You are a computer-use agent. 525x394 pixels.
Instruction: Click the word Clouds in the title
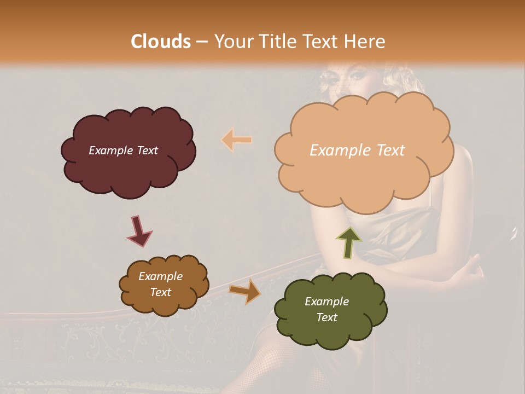(x=161, y=42)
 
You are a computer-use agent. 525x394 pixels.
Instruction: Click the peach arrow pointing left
(x=237, y=140)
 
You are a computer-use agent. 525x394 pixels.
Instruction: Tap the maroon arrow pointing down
(x=139, y=230)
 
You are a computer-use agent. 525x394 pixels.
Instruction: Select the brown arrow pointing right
(x=244, y=291)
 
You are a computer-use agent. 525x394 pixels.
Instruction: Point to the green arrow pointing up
(x=349, y=242)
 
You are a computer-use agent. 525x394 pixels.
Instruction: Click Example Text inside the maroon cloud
(x=123, y=150)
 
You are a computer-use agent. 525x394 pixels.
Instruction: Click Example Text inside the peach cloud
(x=357, y=150)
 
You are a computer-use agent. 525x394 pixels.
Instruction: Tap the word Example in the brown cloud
(x=160, y=276)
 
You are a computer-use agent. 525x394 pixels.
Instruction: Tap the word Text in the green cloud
(x=326, y=317)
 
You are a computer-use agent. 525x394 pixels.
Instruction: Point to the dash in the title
(x=202, y=42)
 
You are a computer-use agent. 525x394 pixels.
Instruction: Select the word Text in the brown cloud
(x=160, y=292)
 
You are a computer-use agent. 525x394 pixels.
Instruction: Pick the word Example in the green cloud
(x=326, y=302)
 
